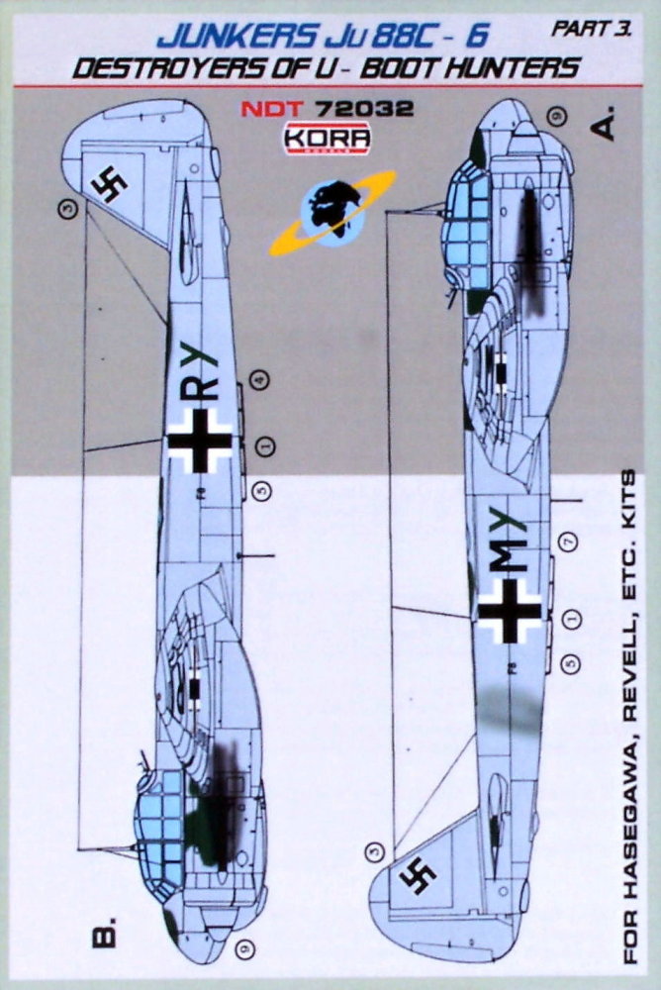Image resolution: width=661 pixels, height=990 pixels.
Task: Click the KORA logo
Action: point(328,139)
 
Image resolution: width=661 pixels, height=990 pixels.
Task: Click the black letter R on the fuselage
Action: point(205,388)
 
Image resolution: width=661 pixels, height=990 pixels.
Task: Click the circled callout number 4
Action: point(259,378)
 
